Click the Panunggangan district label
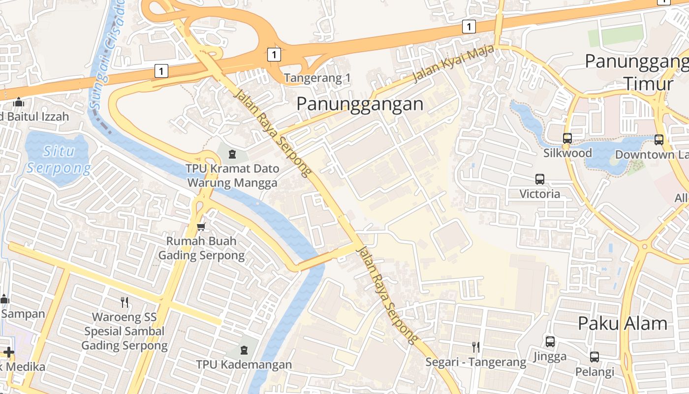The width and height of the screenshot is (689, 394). [x=360, y=104]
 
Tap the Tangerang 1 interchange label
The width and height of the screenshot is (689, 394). [x=317, y=78]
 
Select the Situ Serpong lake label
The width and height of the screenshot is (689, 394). [x=58, y=159]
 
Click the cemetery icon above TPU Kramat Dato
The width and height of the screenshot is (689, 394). [x=232, y=154]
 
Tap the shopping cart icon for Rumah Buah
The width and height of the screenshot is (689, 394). [x=201, y=227]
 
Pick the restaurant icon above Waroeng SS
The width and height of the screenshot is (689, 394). [x=125, y=302]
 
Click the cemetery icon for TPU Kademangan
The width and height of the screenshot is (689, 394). [x=244, y=350]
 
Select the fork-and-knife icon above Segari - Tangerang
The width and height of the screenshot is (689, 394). [x=475, y=347]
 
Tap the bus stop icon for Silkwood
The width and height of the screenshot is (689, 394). [x=567, y=138]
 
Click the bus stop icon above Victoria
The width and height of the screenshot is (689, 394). [x=540, y=179]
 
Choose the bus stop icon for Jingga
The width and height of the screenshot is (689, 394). [x=550, y=341]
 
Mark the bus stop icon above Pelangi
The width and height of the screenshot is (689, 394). [x=595, y=357]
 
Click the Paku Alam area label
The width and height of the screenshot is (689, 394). [x=623, y=324]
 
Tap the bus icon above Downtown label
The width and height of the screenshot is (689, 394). [x=659, y=140]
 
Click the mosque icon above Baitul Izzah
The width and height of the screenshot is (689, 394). [x=19, y=102]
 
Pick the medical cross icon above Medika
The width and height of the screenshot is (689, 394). [x=8, y=352]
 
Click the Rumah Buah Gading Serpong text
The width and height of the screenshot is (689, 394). [x=201, y=248]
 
